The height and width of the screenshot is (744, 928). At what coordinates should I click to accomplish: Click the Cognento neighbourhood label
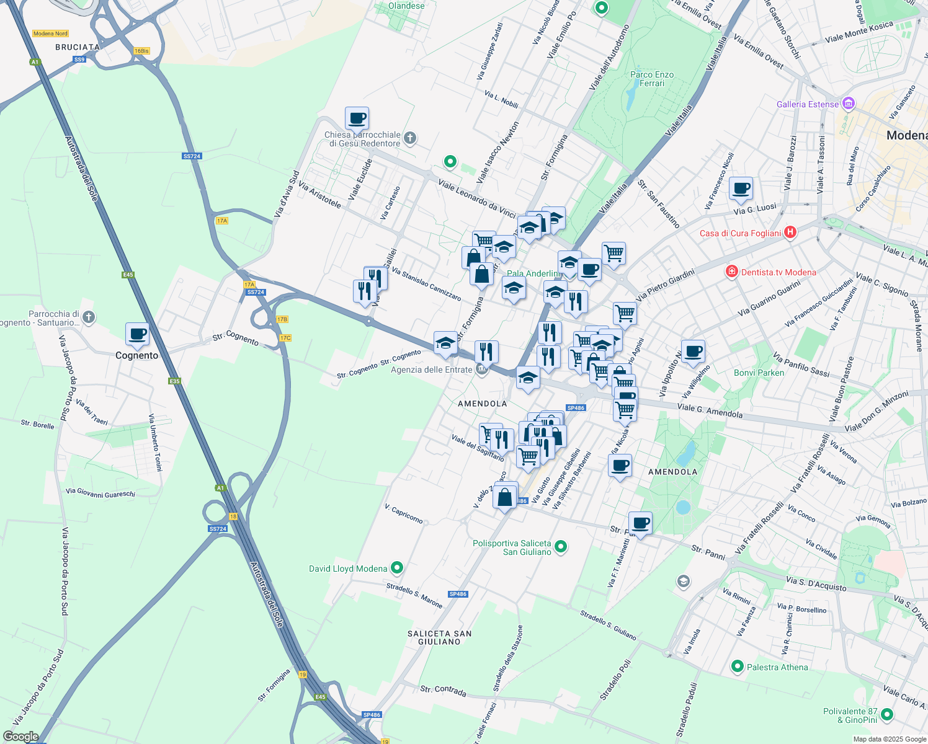[x=136, y=355]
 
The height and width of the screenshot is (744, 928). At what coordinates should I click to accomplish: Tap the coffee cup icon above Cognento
[x=137, y=334]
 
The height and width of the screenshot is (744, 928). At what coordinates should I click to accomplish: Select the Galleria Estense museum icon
[x=849, y=104]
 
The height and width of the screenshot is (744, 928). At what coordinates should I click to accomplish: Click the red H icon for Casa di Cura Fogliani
[x=790, y=232]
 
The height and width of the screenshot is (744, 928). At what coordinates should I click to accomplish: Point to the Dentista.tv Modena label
[x=779, y=272]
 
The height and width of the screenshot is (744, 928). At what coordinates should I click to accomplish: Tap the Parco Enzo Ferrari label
[x=651, y=79]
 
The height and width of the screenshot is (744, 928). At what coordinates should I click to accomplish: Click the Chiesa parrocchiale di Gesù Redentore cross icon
[x=409, y=138]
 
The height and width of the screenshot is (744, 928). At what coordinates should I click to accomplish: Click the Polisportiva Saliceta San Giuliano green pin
[x=561, y=546]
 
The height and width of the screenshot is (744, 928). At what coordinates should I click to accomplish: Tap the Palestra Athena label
[x=777, y=667]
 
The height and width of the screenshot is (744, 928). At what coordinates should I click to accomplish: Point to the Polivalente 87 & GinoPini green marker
[x=887, y=714]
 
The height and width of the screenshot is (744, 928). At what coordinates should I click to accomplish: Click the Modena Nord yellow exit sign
[x=50, y=33]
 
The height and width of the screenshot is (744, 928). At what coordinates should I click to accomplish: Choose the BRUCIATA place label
[x=78, y=47]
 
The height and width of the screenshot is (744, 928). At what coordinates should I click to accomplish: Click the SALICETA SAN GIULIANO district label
[x=439, y=637]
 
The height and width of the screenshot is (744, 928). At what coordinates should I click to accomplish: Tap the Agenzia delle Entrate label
[x=431, y=370]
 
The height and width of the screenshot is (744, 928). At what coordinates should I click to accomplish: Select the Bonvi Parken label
[x=759, y=373]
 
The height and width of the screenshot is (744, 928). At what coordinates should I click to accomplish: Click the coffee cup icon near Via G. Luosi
[x=740, y=188]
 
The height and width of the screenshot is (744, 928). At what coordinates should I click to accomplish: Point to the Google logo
[x=20, y=737]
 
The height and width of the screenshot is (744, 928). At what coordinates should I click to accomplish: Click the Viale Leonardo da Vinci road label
[x=476, y=198]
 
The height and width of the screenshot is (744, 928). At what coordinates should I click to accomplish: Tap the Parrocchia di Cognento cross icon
[x=89, y=317]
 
